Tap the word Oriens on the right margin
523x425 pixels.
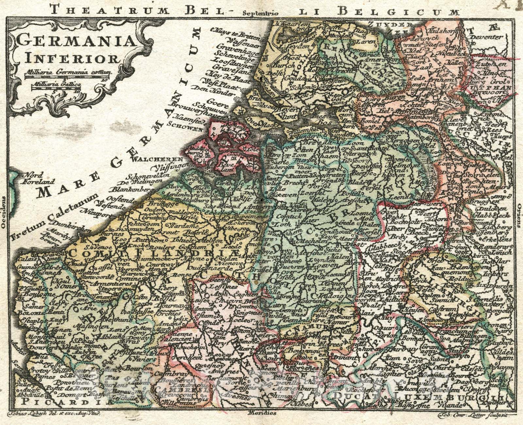point(519,216)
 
